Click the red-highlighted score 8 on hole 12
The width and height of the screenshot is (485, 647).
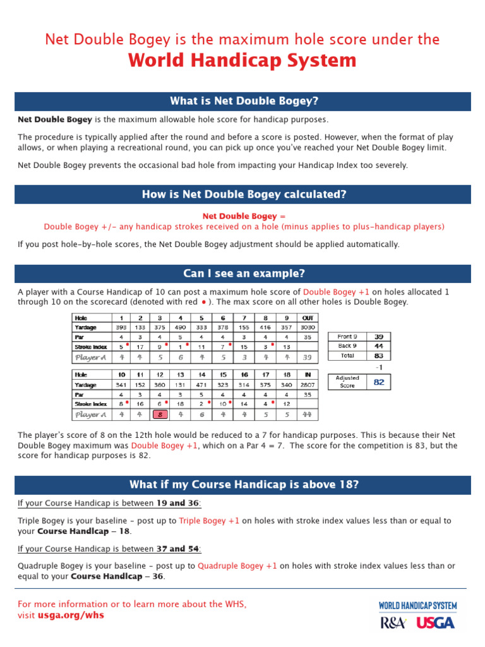click(160, 414)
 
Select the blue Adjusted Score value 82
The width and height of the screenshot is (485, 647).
click(379, 382)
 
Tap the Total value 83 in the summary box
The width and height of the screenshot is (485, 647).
click(379, 356)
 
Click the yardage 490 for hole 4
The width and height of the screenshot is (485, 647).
click(181, 327)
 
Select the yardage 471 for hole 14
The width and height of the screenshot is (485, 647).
click(202, 384)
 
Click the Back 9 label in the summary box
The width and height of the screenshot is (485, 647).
click(347, 346)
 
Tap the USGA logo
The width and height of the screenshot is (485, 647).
click(435, 622)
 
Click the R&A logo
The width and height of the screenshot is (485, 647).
click(393, 622)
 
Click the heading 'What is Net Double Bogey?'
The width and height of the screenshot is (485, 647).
click(244, 101)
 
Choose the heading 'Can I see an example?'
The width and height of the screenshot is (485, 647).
click(244, 273)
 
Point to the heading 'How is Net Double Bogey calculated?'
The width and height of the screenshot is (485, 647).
click(244, 195)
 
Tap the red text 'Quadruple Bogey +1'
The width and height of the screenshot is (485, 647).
click(237, 566)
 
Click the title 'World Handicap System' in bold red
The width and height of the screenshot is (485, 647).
click(242, 61)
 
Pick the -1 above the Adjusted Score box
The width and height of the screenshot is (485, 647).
click(379, 367)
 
